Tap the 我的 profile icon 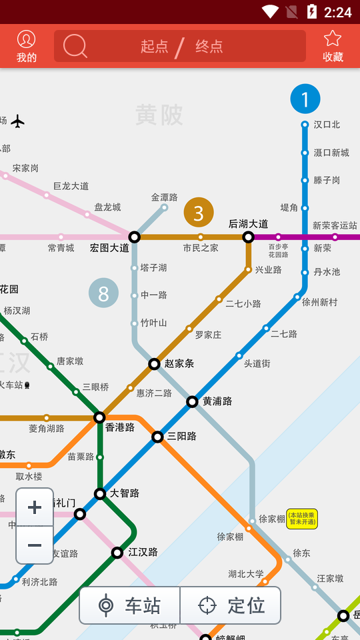click(27, 39)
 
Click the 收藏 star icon click(333, 39)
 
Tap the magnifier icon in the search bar click(75, 46)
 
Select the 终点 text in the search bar click(209, 46)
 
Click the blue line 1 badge click(305, 99)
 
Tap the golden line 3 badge click(199, 213)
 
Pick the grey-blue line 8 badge click(103, 293)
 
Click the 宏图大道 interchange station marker click(135, 237)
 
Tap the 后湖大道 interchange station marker click(249, 237)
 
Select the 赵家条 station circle click(154, 363)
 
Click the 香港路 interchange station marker click(99, 417)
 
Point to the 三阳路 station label click(182, 437)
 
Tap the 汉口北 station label click(327, 125)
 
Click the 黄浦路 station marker click(192, 401)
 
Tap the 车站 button click(130, 605)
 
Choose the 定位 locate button click(231, 605)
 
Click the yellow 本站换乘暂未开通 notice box click(302, 519)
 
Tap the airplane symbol click(18, 121)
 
